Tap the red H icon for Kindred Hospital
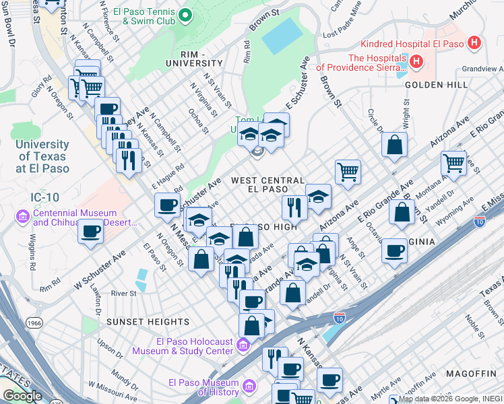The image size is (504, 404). (474, 44)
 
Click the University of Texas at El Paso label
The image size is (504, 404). (42, 156)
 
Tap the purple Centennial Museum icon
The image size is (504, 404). (22, 217)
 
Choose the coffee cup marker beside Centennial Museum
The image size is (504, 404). (91, 232)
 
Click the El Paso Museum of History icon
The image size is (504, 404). (249, 387)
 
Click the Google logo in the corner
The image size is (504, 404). (22, 396)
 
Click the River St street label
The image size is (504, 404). (123, 294)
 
